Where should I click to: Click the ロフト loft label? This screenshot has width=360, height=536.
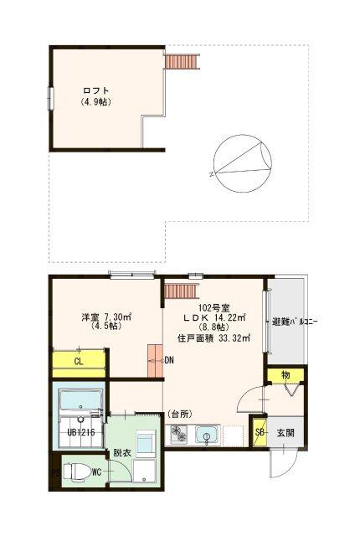[x=96, y=90]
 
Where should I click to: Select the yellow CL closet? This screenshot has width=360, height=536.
[x=78, y=361]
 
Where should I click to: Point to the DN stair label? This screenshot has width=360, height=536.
[x=169, y=361]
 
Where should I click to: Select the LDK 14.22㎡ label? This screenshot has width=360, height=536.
[x=214, y=318]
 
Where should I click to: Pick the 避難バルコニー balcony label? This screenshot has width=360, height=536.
[x=291, y=322]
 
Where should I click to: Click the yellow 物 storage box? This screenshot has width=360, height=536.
[x=285, y=374]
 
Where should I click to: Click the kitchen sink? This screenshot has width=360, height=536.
[x=206, y=434]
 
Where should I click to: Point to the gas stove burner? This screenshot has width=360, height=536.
[x=181, y=434]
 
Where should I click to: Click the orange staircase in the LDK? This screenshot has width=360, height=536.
[x=179, y=291]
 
